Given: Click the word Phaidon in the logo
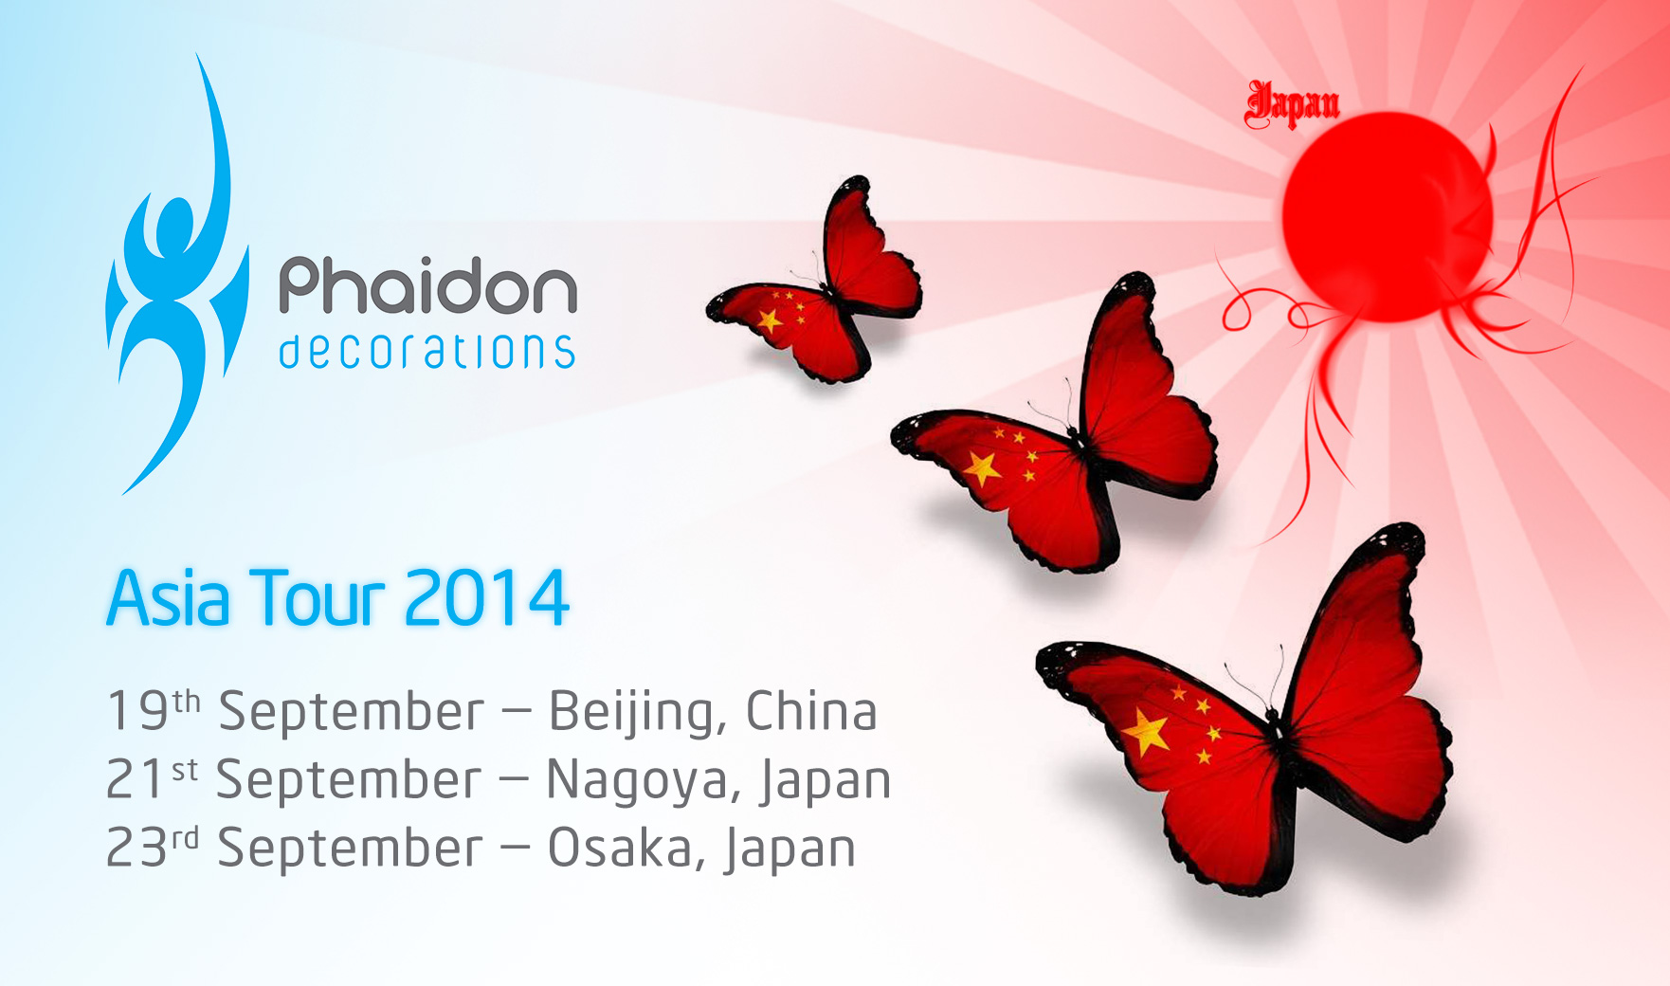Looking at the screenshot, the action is pyautogui.click(x=427, y=285).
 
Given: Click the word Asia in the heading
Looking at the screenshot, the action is pyautogui.click(x=169, y=598).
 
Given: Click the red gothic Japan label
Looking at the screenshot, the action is pyautogui.click(x=1292, y=104).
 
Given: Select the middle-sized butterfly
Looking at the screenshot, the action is pyautogui.click(x=1054, y=424).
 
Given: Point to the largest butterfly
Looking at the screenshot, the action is pyautogui.click(x=1244, y=709).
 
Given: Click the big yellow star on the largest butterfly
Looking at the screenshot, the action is pyautogui.click(x=1148, y=732).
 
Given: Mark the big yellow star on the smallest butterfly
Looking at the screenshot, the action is pyautogui.click(x=771, y=320).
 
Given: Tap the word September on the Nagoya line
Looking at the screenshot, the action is pyautogui.click(x=349, y=782).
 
